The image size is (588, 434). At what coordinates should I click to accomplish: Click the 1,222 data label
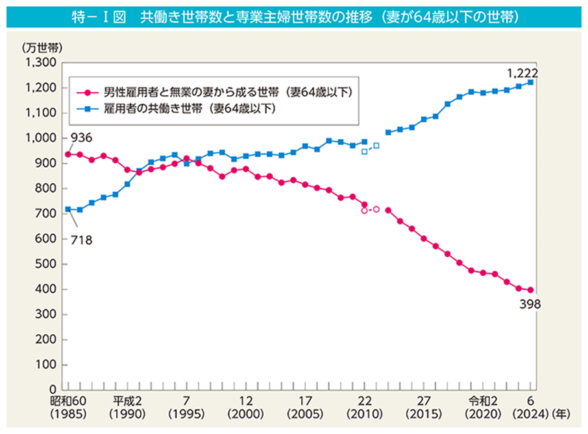pos(521,73)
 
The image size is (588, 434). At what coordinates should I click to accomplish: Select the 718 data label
pos(81,240)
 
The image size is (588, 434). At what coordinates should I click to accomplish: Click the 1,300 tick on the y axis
pos(40,62)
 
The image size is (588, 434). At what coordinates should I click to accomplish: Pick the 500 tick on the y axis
pos(46,264)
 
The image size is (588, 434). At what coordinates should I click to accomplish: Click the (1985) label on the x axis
pos(67,413)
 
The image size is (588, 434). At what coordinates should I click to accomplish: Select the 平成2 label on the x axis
pos(127,400)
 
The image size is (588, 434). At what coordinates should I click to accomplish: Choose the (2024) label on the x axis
pos(530,413)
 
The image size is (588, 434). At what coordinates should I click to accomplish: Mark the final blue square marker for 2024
pos(531,82)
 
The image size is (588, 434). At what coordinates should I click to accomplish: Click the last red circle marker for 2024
pos(531,290)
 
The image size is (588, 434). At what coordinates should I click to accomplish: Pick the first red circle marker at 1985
pos(67,154)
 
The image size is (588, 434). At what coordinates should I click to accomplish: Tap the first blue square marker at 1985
pos(67,209)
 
